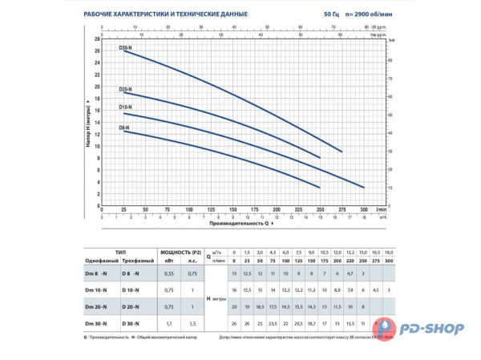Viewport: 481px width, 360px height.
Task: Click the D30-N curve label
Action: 126,49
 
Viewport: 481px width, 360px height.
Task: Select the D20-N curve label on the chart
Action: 126,90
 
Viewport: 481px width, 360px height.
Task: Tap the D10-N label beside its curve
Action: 126,107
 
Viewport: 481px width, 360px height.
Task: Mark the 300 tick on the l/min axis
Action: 364,208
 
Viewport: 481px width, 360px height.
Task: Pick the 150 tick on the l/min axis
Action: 232,208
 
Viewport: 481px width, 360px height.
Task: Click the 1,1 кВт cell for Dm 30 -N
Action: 168,322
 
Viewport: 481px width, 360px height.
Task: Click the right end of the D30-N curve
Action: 342,152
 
